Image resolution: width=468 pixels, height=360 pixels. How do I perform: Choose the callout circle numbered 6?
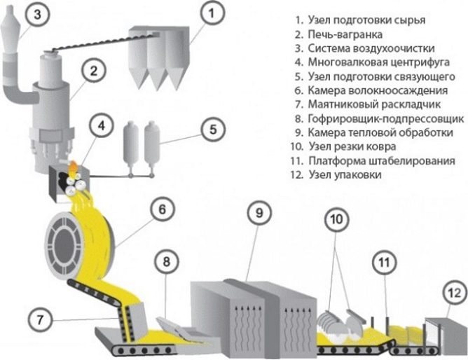pos(161,209)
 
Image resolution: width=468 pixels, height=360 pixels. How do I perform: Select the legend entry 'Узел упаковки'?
pos(344,175)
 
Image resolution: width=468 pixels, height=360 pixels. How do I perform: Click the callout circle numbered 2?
pos(92,69)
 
